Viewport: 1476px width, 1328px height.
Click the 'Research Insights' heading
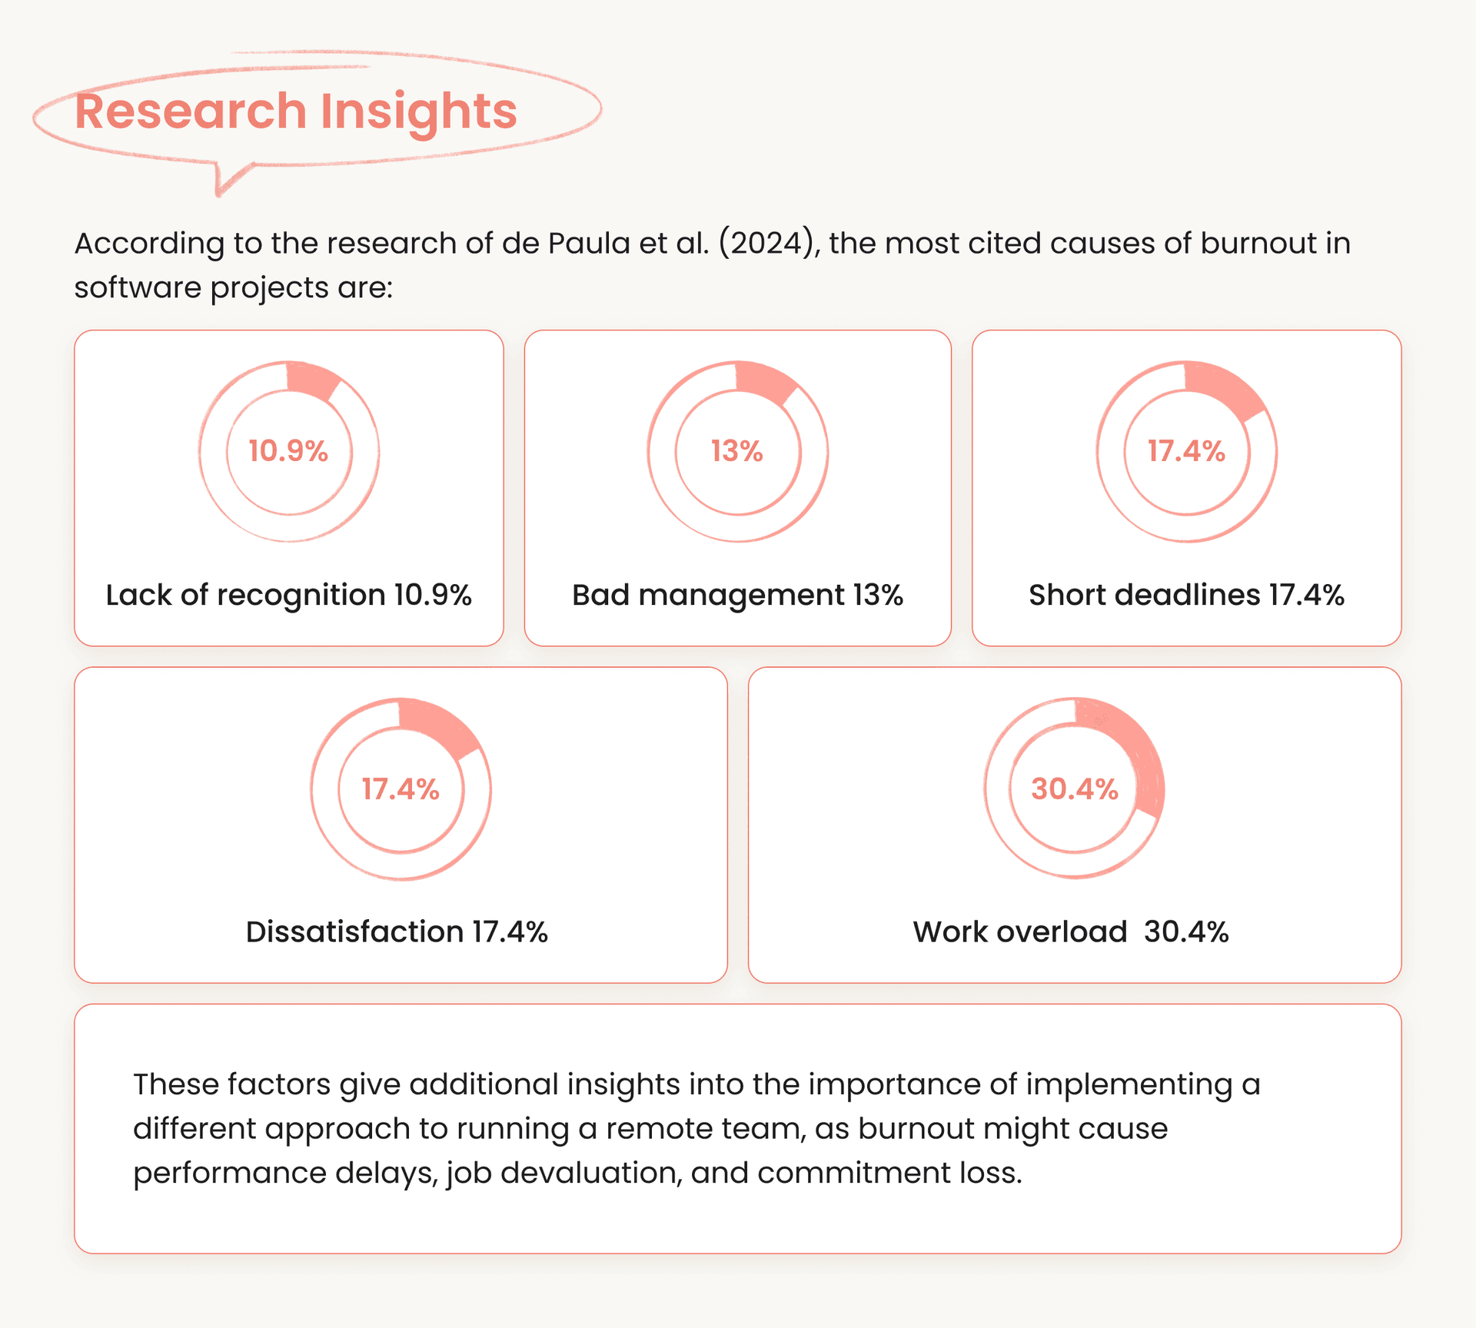point(296,111)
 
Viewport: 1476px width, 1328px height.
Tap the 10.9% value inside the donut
point(288,451)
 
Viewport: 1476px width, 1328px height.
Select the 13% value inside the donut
point(736,451)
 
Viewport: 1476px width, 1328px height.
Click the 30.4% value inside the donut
point(1074,789)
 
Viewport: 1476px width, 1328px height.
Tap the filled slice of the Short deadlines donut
point(1225,389)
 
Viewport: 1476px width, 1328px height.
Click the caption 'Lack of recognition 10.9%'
point(288,595)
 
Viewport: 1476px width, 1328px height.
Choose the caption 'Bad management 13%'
point(737,595)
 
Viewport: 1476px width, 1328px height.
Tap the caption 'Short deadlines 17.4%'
point(1186,595)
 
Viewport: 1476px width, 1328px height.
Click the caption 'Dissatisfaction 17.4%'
point(397,932)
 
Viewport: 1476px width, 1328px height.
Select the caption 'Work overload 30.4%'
point(1071,932)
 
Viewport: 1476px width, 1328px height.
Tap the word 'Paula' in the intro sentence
point(588,244)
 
